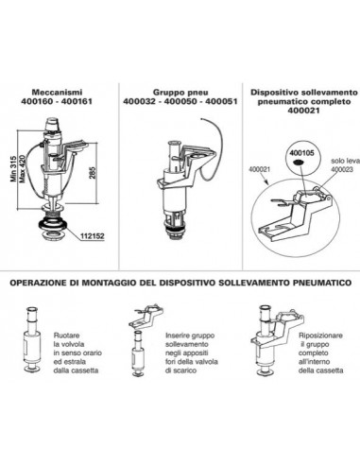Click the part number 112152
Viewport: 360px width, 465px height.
pyautogui.click(x=93, y=236)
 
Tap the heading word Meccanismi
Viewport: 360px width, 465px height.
pyautogui.click(x=57, y=93)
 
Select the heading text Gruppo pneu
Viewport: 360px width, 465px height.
pyautogui.click(x=180, y=93)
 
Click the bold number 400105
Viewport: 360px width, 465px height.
pyautogui.click(x=301, y=153)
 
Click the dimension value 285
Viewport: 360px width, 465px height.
pyautogui.click(x=92, y=173)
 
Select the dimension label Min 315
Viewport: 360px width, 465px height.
pyautogui.click(x=13, y=168)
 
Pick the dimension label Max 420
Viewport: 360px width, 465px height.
pyautogui.click(x=22, y=168)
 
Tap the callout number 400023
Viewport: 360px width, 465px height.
pyautogui.click(x=342, y=169)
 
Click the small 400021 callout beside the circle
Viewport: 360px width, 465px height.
pyautogui.click(x=260, y=169)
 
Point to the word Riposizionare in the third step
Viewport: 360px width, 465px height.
pyautogui.click(x=320, y=336)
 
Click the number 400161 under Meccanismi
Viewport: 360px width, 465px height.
pyautogui.click(x=77, y=101)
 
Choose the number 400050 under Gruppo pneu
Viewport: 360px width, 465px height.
pyautogui.click(x=180, y=101)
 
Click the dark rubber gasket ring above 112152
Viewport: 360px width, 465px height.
pyautogui.click(x=52, y=224)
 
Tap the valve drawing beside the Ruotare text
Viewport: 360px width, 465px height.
pyautogui.click(x=32, y=339)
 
